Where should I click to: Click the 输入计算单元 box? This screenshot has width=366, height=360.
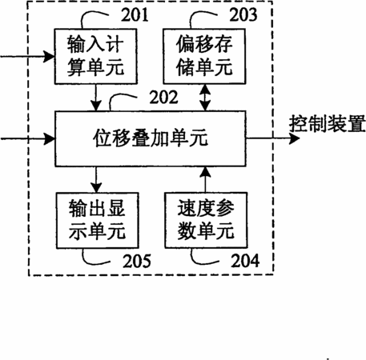(x=96, y=56)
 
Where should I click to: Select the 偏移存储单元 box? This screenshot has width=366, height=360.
(x=204, y=56)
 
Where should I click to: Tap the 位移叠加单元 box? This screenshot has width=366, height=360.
(x=151, y=138)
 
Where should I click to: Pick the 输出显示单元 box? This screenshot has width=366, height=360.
(x=98, y=220)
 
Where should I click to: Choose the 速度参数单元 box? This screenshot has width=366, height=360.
(x=206, y=220)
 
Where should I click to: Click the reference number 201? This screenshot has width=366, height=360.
(x=135, y=14)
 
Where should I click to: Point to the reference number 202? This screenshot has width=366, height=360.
(x=163, y=97)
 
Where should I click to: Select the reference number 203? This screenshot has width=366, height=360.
(x=243, y=14)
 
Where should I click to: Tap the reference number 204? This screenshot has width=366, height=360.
(x=245, y=261)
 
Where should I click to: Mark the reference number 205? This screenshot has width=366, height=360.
(x=137, y=261)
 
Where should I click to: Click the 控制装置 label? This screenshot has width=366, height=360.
(x=328, y=124)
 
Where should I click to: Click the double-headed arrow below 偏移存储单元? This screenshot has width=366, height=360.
(x=205, y=98)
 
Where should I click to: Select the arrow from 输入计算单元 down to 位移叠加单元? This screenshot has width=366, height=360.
(x=96, y=98)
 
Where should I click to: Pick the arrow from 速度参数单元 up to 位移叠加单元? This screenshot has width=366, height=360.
(x=205, y=179)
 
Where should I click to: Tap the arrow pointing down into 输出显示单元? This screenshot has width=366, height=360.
(x=96, y=179)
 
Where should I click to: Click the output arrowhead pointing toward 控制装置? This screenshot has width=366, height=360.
(x=295, y=138)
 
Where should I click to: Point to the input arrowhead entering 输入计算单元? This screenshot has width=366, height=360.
(x=49, y=57)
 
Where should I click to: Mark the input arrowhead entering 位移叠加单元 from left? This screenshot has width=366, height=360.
(x=49, y=139)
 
